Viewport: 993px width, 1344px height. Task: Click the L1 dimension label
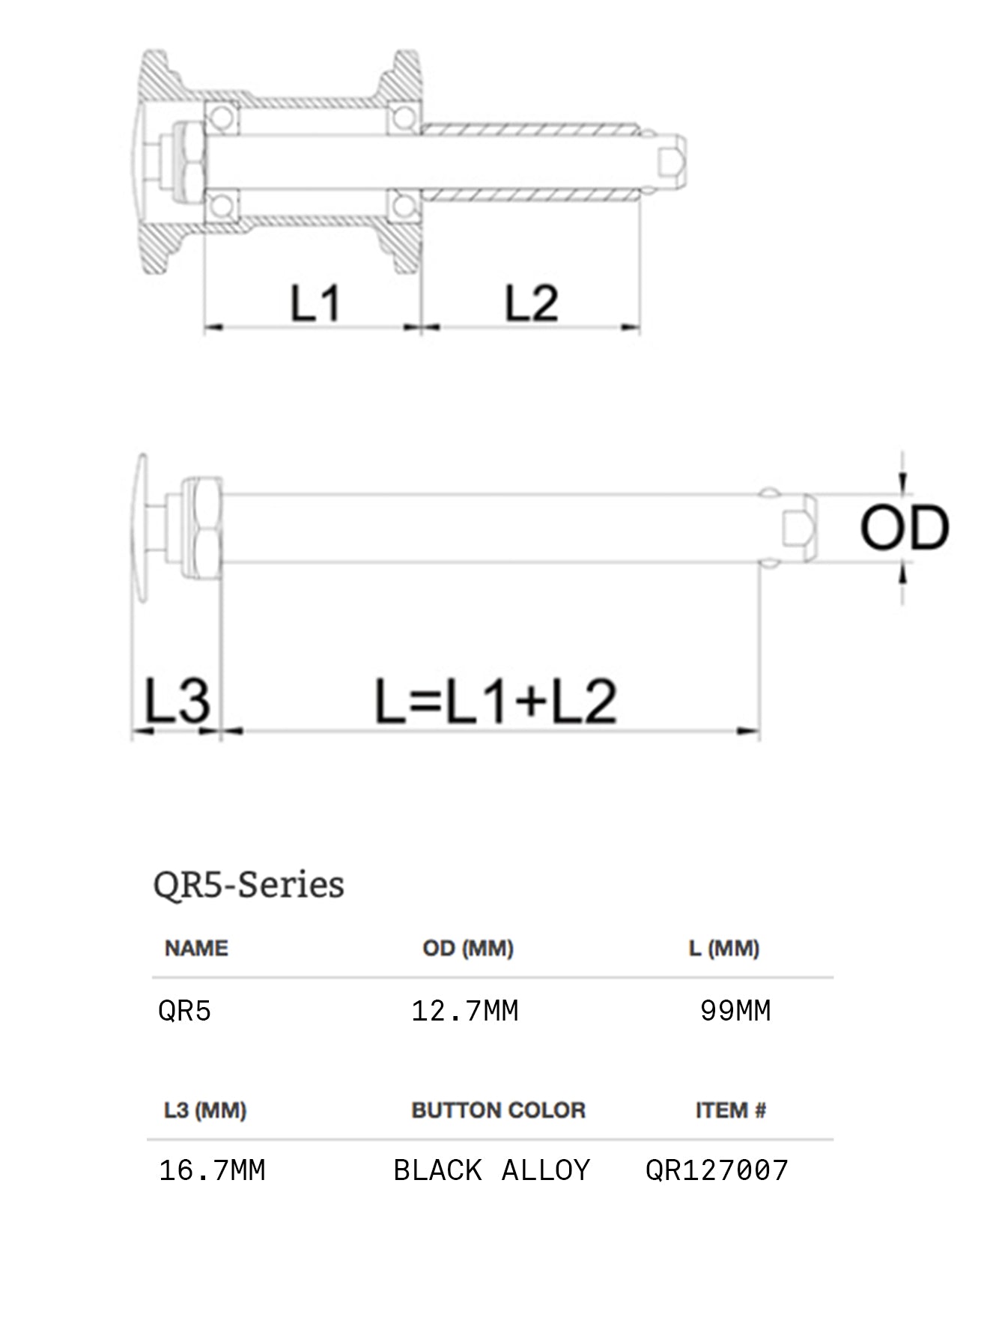tap(315, 303)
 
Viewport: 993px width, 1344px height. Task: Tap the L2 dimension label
tap(531, 303)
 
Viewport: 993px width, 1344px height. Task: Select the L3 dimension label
tap(177, 701)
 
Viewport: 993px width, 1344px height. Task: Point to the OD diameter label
tap(904, 528)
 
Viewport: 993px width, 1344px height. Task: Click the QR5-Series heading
tap(249, 884)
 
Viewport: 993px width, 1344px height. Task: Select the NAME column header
tap(196, 948)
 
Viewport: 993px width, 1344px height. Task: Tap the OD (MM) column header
tap(468, 948)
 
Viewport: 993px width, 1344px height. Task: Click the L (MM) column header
tap(724, 948)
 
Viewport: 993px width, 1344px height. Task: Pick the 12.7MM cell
tap(465, 1011)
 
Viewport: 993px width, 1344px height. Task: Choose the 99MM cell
tap(735, 1011)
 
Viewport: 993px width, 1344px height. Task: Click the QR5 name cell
tap(185, 1011)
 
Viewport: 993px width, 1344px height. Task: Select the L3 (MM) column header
tap(205, 1110)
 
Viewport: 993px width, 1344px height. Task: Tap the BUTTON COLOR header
tap(498, 1110)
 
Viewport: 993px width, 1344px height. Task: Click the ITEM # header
tap(731, 1110)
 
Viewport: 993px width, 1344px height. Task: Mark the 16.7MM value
tap(213, 1170)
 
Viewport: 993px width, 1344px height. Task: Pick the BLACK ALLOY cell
tap(492, 1170)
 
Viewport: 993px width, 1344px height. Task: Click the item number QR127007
tap(717, 1170)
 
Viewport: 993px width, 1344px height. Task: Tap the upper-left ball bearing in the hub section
tap(221, 118)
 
